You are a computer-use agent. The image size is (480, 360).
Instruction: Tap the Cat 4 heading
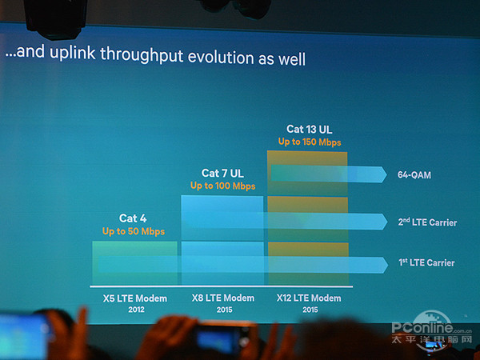[134, 218]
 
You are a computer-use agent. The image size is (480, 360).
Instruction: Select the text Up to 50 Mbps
[134, 231]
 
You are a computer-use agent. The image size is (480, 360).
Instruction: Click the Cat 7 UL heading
[222, 173]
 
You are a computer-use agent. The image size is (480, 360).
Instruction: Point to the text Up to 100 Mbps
[222, 186]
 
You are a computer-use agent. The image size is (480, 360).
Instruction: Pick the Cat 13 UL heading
[309, 129]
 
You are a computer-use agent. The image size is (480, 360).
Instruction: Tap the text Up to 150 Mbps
[310, 142]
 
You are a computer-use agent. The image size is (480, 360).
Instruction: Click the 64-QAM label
[414, 174]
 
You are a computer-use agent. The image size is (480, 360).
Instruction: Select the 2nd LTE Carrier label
[426, 222]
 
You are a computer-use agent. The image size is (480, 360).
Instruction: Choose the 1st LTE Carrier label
[426, 262]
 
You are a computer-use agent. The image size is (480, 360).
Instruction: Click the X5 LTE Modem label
[135, 298]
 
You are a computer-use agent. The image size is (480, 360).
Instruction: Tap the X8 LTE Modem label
[222, 298]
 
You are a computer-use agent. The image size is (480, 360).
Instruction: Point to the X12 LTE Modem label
[309, 298]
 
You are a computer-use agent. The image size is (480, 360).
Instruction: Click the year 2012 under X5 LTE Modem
[135, 309]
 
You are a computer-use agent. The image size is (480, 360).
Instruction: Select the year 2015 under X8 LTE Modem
[222, 309]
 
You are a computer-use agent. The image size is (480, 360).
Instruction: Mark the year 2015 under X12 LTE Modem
[309, 309]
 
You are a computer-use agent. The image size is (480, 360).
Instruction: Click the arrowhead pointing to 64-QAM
[378, 174]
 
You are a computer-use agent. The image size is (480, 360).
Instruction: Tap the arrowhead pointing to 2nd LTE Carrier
[378, 222]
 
